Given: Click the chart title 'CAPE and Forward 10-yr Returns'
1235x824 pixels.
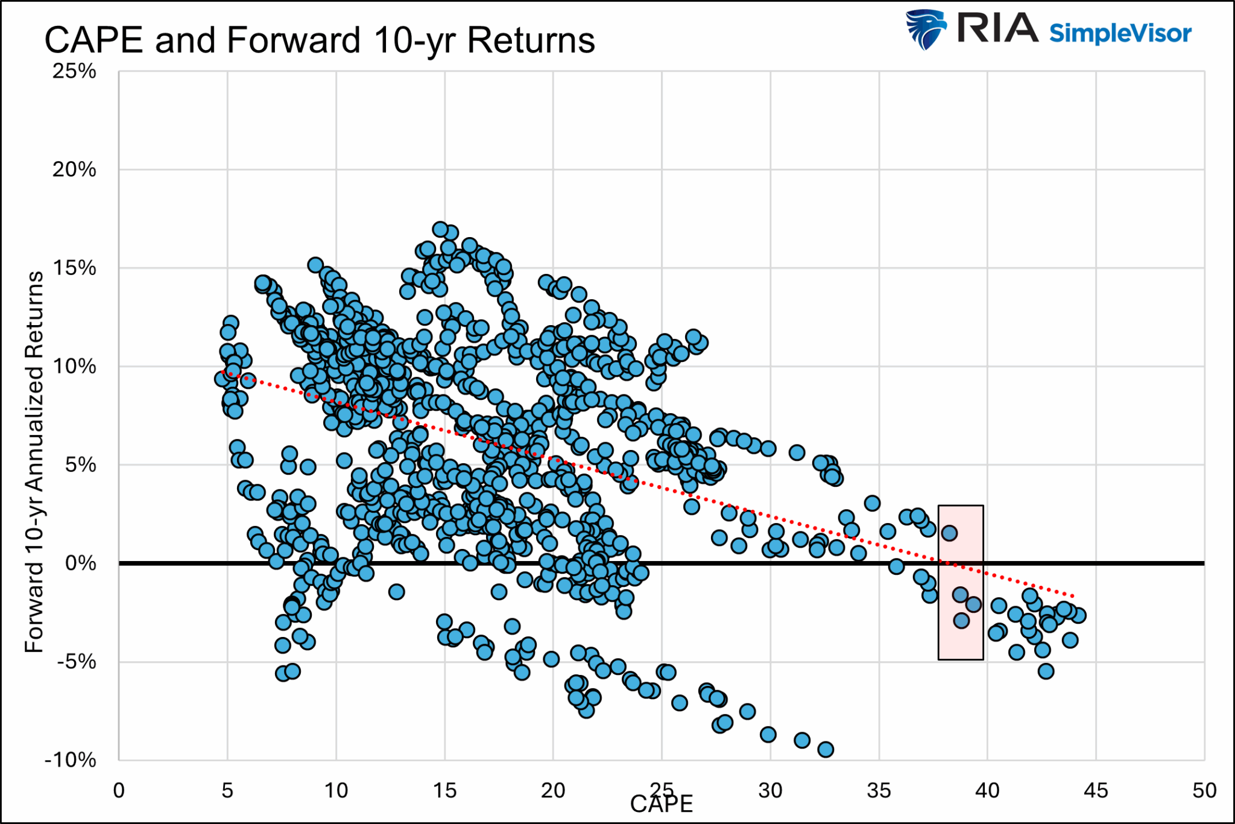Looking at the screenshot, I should pos(320,40).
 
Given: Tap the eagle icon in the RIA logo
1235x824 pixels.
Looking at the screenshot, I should pos(926,29).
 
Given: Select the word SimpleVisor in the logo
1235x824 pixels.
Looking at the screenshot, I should pos(1120,33).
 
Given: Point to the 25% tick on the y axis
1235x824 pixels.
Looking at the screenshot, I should pos(74,71).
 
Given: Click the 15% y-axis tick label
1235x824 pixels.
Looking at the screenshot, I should pos(74,268).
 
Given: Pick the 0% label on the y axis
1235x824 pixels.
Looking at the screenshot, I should pos(80,563).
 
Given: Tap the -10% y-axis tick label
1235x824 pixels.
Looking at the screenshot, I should pos(71,760).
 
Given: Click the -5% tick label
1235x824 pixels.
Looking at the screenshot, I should pos(76,662).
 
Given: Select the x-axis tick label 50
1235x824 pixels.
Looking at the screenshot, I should pos(1204,790).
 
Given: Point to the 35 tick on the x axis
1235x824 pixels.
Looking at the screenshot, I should pos(879,790).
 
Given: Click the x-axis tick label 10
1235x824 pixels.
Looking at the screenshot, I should pos(336,790).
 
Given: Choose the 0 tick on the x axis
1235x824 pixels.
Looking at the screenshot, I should pos(119,790).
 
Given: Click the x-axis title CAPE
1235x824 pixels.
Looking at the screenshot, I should pos(662,805).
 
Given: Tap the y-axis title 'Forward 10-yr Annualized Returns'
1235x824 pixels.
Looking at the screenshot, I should pos(34,461).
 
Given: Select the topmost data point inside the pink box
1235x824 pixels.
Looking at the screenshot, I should pos(949,533).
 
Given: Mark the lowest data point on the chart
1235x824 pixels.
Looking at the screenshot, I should pos(826,750).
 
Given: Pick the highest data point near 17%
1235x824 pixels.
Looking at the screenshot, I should pos(440,229).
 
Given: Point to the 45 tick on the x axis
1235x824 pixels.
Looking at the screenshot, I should pos(1096,790).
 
